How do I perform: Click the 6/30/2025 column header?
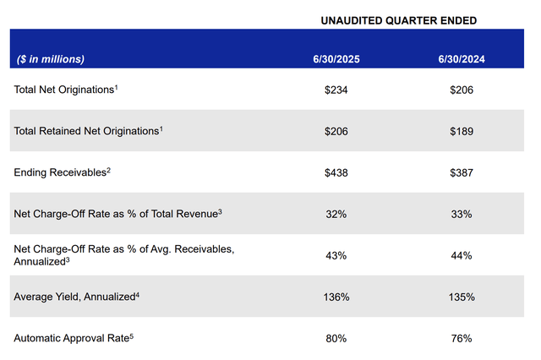pyautogui.click(x=336, y=59)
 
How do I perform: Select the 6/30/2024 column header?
pyautogui.click(x=462, y=59)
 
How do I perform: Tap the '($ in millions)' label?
pyautogui.click(x=51, y=59)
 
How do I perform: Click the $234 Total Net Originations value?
pyautogui.click(x=336, y=90)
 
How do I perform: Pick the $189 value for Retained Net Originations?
pyautogui.click(x=462, y=131)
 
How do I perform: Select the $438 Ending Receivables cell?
pyautogui.click(x=336, y=172)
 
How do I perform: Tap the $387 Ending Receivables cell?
pyautogui.click(x=462, y=172)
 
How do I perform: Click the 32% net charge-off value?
pyautogui.click(x=336, y=214)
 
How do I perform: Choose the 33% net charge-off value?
pyautogui.click(x=462, y=214)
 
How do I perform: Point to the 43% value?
pyautogui.click(x=336, y=255)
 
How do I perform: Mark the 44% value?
pyautogui.click(x=462, y=255)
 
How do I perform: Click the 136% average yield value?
pyautogui.click(x=336, y=297)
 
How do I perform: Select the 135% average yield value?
pyautogui.click(x=462, y=297)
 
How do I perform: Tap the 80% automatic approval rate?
pyautogui.click(x=336, y=338)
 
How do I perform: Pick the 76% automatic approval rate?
pyautogui.click(x=462, y=338)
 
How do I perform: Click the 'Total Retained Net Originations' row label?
pyautogui.click(x=88, y=131)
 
